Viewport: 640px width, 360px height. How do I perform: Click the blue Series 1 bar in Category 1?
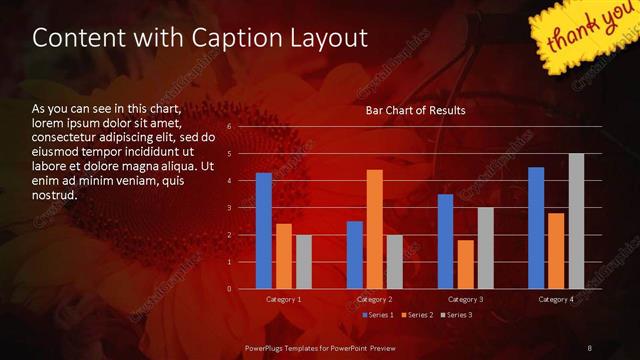(x=264, y=231)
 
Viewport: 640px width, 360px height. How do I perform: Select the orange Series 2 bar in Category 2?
(x=375, y=229)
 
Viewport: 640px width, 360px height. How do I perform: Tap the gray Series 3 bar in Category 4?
(x=576, y=221)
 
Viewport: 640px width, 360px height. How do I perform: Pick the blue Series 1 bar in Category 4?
(x=536, y=228)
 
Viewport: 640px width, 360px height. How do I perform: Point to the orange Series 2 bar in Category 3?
(x=465, y=264)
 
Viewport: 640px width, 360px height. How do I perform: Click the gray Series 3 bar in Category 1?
(x=304, y=262)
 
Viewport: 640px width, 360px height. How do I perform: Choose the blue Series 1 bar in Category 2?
(x=355, y=255)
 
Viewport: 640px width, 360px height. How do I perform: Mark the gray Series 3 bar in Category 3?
(x=485, y=248)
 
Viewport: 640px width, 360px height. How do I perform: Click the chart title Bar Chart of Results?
(x=415, y=110)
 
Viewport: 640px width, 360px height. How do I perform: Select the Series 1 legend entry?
(x=378, y=315)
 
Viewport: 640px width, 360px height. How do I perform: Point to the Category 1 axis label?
(x=284, y=299)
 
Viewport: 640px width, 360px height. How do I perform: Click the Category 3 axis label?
(x=465, y=299)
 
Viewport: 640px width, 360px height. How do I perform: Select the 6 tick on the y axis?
(x=229, y=127)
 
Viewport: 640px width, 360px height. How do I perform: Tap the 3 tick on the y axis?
(x=229, y=208)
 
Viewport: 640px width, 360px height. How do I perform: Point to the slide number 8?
(x=589, y=346)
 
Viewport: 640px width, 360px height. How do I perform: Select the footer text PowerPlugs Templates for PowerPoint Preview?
(x=320, y=346)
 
